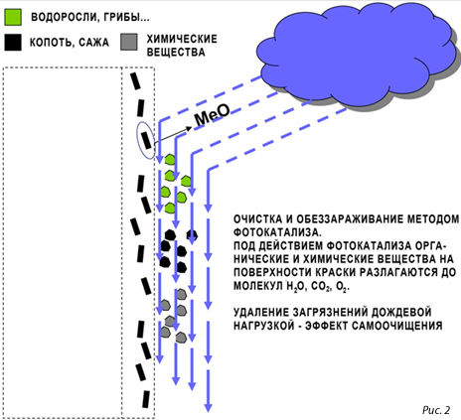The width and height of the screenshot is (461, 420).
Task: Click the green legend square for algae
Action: tap(13, 17)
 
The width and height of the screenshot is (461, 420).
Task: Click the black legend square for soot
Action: tap(13, 42)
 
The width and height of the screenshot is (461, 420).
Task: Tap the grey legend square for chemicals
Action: tap(129, 42)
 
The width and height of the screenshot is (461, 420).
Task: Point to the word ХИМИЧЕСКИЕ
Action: tap(182, 39)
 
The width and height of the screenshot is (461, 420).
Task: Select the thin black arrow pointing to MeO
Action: tap(173, 135)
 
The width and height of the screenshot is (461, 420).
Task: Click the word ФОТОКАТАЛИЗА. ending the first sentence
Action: tap(277, 232)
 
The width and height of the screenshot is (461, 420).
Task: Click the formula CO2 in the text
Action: tap(321, 286)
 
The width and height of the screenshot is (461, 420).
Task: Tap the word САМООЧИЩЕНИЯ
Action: tap(397, 326)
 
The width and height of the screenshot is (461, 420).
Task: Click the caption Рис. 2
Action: tap(436, 410)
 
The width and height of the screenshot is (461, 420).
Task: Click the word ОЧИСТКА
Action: tap(258, 219)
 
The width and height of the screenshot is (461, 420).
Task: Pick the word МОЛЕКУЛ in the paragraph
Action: tap(258, 286)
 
